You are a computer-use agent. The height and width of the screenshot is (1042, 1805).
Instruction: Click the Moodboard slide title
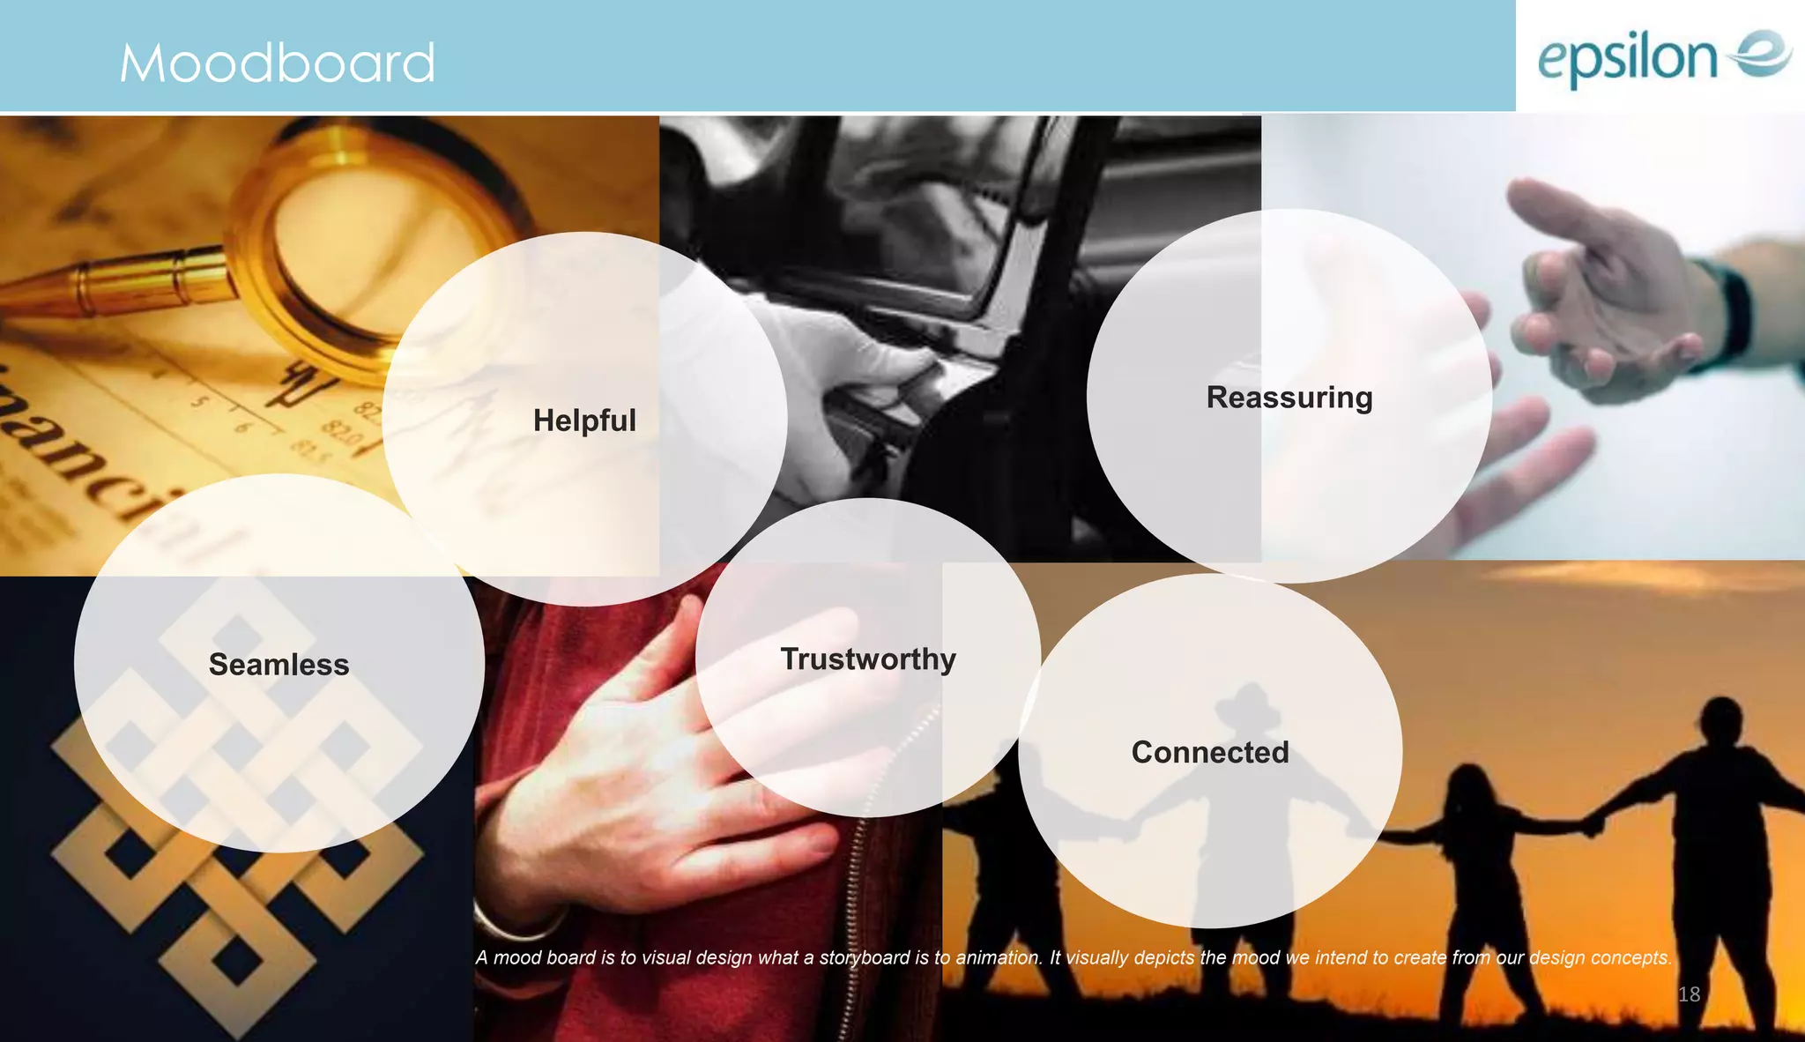point(278,63)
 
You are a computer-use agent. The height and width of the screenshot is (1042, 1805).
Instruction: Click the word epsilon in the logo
point(1627,58)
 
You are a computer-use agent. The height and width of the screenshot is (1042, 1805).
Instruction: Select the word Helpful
point(584,421)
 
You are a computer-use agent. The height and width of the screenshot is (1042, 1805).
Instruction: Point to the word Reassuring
point(1289,398)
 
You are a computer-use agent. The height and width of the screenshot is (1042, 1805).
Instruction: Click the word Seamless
point(279,665)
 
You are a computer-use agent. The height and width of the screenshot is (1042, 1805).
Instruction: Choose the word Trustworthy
point(868,659)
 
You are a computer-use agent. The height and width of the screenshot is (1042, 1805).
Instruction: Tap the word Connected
point(1210,753)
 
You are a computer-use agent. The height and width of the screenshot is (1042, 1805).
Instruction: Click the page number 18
point(1689,994)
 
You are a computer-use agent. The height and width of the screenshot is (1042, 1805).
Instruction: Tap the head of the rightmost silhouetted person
point(1720,718)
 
